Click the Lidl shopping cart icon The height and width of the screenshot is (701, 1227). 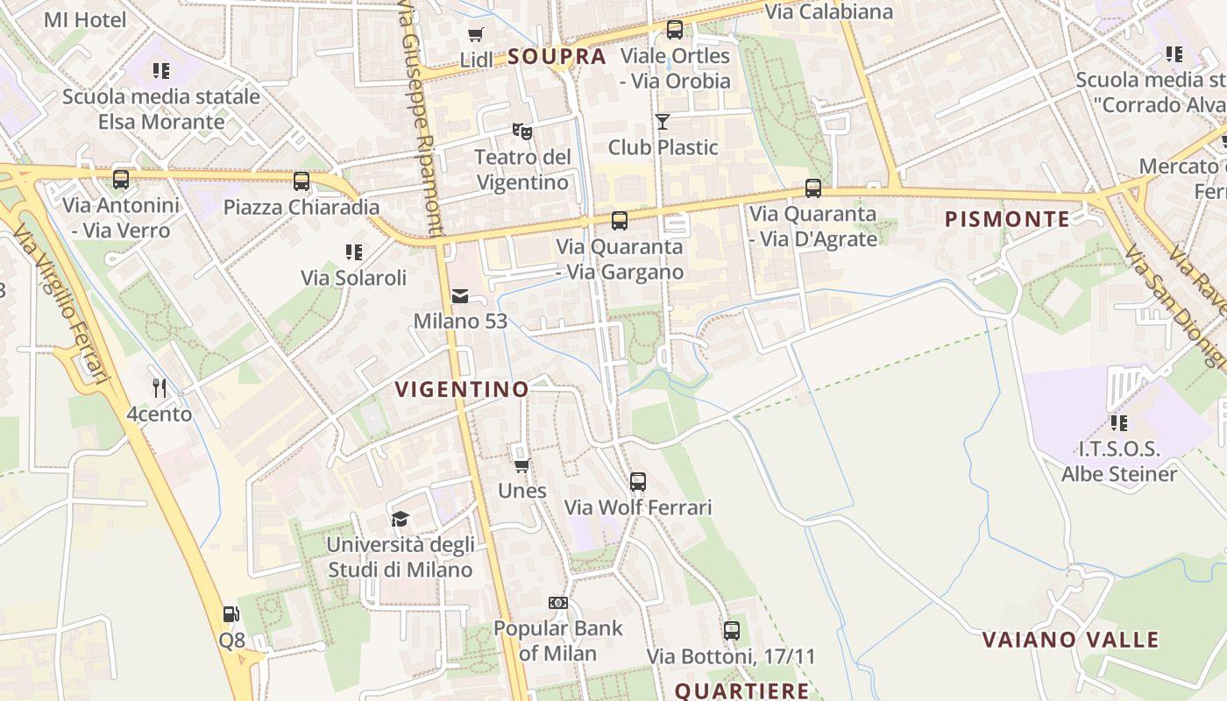475,35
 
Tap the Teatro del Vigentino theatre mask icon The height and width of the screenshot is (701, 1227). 522,131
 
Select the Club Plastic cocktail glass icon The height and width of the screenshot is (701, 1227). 663,122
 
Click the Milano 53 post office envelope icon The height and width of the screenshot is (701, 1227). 460,296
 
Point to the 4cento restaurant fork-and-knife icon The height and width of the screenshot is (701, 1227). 160,388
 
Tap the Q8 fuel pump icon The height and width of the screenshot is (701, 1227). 231,615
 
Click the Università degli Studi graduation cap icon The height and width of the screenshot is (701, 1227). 401,519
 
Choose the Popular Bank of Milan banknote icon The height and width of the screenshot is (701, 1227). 558,603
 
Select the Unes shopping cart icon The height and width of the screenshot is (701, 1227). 522,465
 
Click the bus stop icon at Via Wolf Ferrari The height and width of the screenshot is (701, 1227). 638,481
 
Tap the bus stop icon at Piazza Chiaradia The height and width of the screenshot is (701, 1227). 301,181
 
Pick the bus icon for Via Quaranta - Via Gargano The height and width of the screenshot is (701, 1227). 620,221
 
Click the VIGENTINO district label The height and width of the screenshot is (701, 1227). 462,389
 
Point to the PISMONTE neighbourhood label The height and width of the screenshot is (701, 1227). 1007,219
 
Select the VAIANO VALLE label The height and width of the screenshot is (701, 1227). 1070,640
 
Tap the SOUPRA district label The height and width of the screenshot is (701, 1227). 557,57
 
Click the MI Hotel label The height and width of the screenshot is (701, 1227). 85,19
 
